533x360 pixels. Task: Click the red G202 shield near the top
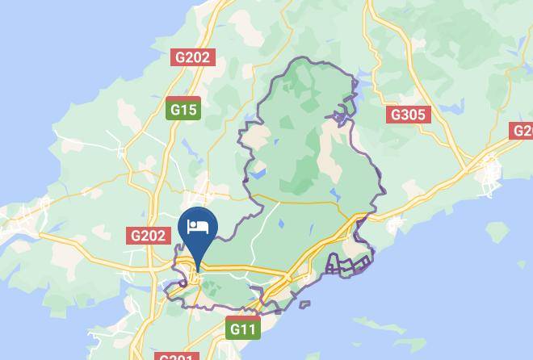pyautogui.click(x=192, y=57)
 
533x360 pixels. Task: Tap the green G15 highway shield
pyautogui.click(x=183, y=109)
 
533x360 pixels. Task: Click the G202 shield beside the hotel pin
pyautogui.click(x=148, y=236)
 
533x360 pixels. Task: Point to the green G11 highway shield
pyautogui.click(x=242, y=329)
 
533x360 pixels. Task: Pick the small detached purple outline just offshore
pyautogui.click(x=304, y=304)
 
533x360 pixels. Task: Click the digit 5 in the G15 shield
pyautogui.click(x=192, y=109)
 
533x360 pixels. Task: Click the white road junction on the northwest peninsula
pyautogui.click(x=122, y=149)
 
